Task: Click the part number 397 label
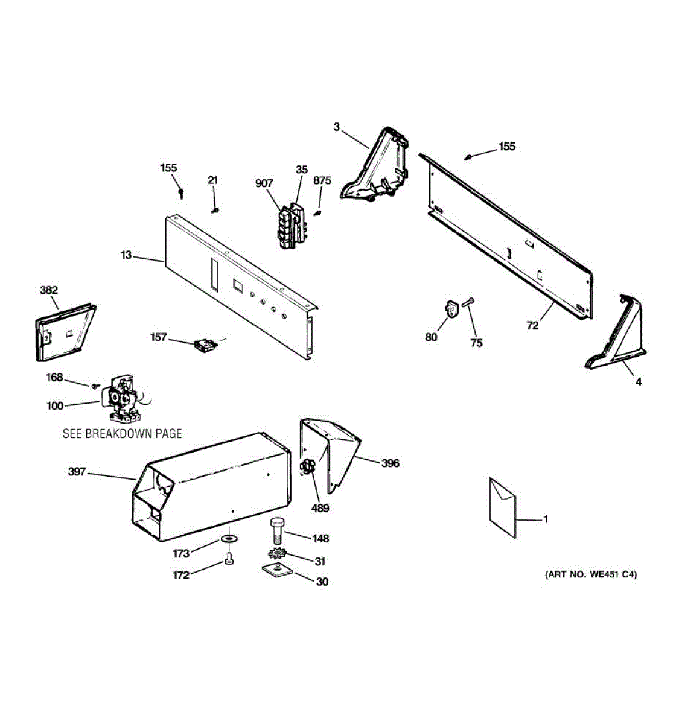77,472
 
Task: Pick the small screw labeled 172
229,559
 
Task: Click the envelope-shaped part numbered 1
503,507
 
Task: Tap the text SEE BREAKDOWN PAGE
122,433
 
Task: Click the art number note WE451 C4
591,574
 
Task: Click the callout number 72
532,326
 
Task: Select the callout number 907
264,184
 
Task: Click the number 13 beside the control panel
126,255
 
